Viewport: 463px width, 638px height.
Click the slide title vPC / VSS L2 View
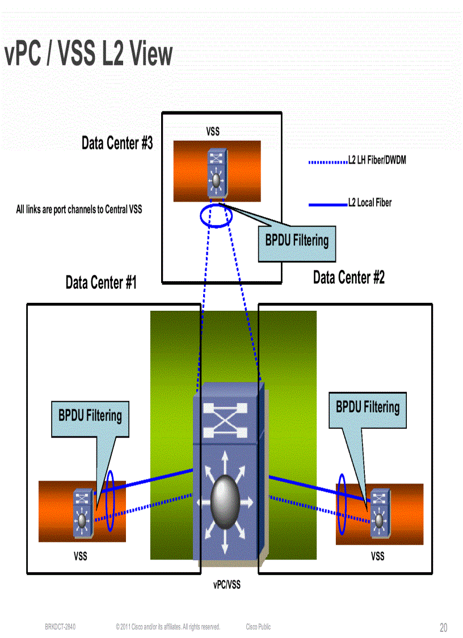(88, 55)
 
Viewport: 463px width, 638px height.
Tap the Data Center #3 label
(117, 143)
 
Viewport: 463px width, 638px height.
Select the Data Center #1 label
(101, 282)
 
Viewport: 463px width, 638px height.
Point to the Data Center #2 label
(348, 278)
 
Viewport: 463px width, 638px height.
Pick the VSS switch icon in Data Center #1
(83, 514)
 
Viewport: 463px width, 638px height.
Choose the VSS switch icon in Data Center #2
(378, 513)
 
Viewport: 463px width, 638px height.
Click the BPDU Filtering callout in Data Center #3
(297, 240)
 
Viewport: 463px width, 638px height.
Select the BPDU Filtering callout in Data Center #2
(368, 407)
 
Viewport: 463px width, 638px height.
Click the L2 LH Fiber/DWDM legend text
(377, 161)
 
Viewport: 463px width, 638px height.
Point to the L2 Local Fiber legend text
(369, 203)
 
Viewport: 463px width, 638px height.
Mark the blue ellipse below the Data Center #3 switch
(216, 216)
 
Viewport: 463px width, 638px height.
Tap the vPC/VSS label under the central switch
(227, 585)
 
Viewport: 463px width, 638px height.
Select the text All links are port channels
(79, 210)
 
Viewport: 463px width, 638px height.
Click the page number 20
(443, 628)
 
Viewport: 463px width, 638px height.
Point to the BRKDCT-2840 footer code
(60, 627)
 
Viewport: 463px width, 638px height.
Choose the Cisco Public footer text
(258, 627)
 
